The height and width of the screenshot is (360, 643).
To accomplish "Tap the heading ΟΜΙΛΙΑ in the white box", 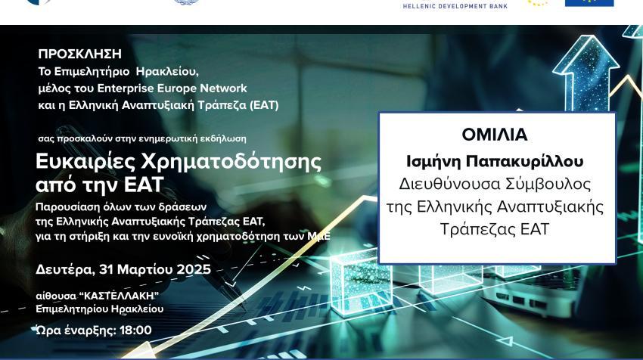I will click(495, 135).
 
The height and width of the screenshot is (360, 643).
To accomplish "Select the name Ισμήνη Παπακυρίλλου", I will click(495, 161).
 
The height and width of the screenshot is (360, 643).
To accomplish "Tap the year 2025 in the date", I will click(194, 269).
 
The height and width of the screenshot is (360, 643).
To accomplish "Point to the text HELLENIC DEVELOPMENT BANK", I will click(455, 5).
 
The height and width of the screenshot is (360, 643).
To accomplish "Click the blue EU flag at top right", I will click(589, 3).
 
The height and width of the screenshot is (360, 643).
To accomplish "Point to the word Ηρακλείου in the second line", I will click(167, 72).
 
